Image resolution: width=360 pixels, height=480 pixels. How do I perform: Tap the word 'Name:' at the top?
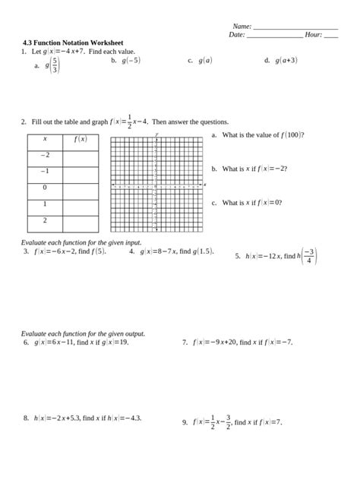[x=242, y=27]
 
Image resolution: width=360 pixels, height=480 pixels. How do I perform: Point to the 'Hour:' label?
[x=313, y=35]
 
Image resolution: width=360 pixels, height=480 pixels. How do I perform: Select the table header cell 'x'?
[x=45, y=139]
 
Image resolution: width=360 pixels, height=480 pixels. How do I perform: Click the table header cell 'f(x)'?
[x=81, y=139]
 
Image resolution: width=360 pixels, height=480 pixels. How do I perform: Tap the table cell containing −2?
[x=45, y=155]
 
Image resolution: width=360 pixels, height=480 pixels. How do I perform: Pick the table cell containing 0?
[x=45, y=188]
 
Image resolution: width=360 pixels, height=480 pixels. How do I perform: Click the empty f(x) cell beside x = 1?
[x=81, y=204]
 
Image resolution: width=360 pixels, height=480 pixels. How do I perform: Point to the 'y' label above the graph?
[x=156, y=133]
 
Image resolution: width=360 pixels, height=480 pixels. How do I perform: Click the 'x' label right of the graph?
[x=205, y=185]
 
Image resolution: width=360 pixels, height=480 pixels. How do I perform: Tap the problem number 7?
[x=185, y=343]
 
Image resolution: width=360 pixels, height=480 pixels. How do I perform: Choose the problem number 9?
[x=185, y=422]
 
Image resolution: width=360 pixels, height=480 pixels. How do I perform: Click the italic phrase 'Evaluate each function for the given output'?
[x=82, y=334]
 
